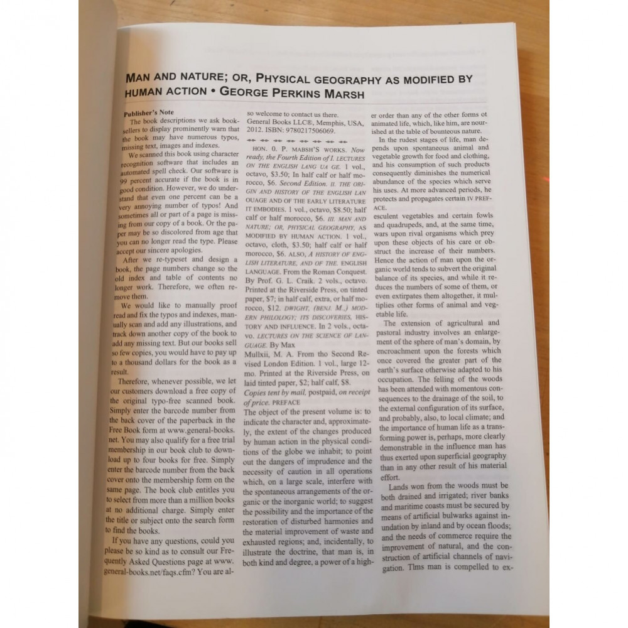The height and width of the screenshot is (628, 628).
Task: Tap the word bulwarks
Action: tap(457, 515)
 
